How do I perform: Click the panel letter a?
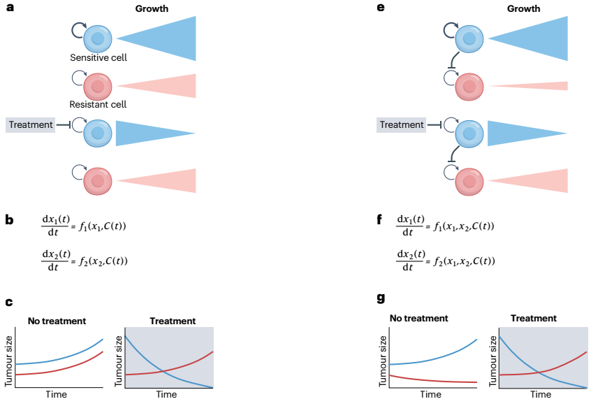[x=10, y=7]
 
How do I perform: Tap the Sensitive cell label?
[x=99, y=57]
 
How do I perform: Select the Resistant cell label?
[x=98, y=105]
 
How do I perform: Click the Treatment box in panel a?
[x=31, y=125]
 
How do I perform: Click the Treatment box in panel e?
[x=401, y=125]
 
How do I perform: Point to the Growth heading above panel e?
[x=523, y=9]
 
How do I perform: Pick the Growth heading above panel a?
[x=152, y=9]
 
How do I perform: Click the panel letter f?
[x=379, y=219]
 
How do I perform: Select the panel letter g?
[x=381, y=298]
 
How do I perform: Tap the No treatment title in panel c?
[x=57, y=321]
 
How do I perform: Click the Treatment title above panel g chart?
[x=534, y=318]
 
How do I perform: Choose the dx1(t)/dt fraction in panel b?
[x=56, y=225]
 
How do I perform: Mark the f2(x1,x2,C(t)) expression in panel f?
[x=464, y=261]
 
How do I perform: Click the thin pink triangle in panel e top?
[x=528, y=86]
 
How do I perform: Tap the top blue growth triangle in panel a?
[x=156, y=38]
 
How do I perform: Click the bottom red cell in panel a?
[x=98, y=181]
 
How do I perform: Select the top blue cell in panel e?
[x=469, y=38]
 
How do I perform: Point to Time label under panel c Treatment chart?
[x=166, y=394]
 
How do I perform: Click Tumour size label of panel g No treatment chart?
[x=383, y=361]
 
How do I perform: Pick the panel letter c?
[x=9, y=303]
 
